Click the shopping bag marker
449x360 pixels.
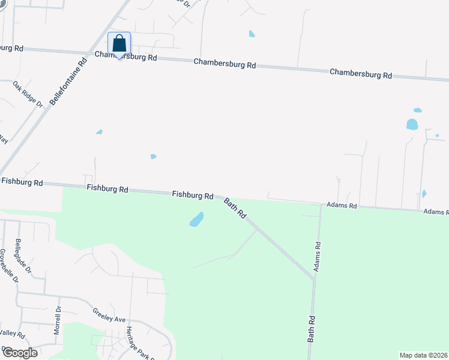119,44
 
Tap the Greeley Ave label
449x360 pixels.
109,316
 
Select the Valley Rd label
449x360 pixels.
12,334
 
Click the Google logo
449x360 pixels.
19,353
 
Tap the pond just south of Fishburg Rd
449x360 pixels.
196,220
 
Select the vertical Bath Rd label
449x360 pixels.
312,328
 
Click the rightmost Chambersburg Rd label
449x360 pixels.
361,74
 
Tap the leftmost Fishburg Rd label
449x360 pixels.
22,181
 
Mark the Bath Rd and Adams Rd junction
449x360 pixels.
314,278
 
